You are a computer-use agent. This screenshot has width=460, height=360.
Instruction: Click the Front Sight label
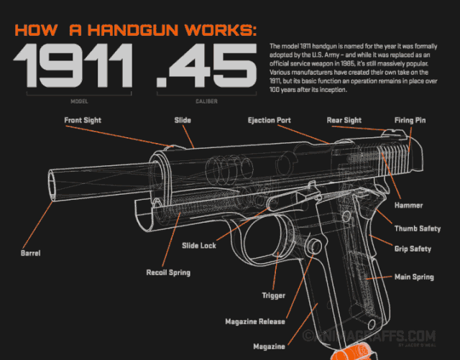pos(83,120)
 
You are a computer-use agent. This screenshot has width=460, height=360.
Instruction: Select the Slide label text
pos(182,120)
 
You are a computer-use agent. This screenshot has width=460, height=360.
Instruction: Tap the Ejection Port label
pos(269,120)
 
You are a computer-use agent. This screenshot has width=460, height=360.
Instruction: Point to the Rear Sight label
pos(344,120)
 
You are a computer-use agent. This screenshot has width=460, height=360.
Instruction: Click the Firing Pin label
pos(410,120)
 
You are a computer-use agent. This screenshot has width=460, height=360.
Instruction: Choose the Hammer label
pos(408,206)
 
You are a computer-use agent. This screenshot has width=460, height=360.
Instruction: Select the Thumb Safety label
pos(418,229)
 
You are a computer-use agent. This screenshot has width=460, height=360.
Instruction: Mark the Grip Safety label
pos(413,249)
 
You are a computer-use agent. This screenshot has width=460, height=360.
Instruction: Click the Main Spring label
pos(413,277)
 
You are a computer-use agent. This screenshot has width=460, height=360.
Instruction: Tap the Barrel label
pos(30,254)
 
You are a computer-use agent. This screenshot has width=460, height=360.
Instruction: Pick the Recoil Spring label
pos(168,273)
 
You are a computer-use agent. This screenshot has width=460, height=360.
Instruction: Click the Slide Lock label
pos(198,246)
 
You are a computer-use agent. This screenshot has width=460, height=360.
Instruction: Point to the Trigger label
pos(273,295)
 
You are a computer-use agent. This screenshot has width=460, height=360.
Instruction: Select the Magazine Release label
pos(255,321)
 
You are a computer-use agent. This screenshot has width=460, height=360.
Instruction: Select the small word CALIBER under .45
pos(207,101)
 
